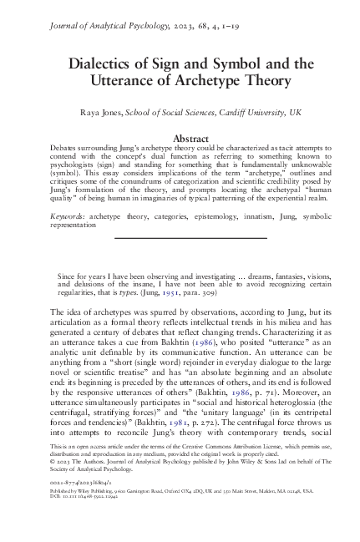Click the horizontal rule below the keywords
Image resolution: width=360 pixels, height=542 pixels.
pos(180,238)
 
